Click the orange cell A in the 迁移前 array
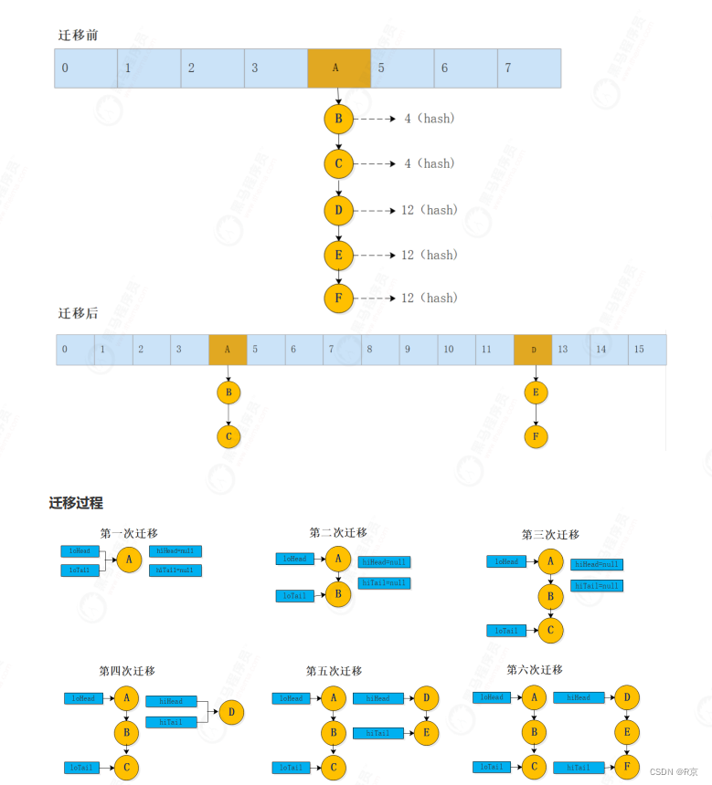click(339, 68)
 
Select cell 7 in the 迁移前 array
click(528, 68)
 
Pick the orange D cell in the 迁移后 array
click(533, 350)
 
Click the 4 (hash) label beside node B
click(429, 119)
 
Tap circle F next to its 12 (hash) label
click(338, 298)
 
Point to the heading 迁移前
click(78, 35)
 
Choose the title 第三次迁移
click(550, 535)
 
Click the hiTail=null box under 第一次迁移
click(175, 570)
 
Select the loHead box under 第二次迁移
click(295, 559)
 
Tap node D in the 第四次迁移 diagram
click(232, 711)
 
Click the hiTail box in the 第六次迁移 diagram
click(578, 769)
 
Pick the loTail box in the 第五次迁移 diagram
click(292, 768)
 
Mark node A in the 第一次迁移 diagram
click(129, 560)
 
